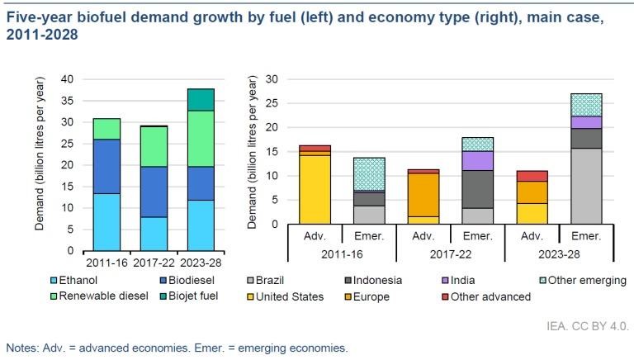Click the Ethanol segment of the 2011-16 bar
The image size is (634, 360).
pyautogui.click(x=106, y=222)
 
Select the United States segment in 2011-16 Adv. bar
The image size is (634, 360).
pyautogui.click(x=315, y=189)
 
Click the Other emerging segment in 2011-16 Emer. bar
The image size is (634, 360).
pyautogui.click(x=368, y=174)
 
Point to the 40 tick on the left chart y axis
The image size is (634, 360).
pyautogui.click(x=68, y=79)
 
